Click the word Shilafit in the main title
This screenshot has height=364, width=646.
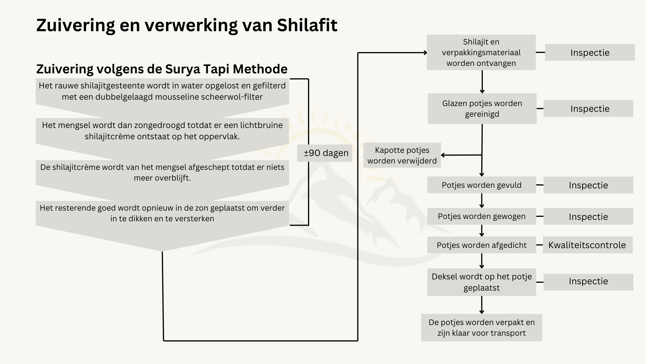pyautogui.click(x=307, y=25)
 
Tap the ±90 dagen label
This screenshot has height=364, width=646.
pyautogui.click(x=326, y=153)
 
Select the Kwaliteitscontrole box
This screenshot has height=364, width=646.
pyautogui.click(x=587, y=245)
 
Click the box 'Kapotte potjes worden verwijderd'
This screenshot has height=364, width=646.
pyautogui.click(x=402, y=155)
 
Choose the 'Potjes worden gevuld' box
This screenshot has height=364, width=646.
pyautogui.click(x=482, y=185)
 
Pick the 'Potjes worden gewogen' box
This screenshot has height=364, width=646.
pyautogui.click(x=482, y=216)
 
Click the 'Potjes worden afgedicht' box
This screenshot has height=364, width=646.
pyautogui.click(x=482, y=245)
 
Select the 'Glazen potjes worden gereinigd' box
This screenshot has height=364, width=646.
pyautogui.click(x=482, y=109)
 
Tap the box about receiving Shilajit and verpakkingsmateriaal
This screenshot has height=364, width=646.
pyautogui.click(x=481, y=52)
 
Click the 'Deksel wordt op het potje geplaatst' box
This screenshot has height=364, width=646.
pyautogui.click(x=482, y=282)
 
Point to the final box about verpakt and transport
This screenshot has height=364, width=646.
pyautogui.click(x=482, y=328)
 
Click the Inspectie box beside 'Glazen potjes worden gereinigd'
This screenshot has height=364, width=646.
pyautogui.click(x=588, y=109)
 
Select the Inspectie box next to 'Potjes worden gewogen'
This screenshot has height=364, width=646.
pyautogui.click(x=588, y=216)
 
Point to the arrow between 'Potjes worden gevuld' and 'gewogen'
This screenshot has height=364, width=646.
pyautogui.click(x=482, y=200)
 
